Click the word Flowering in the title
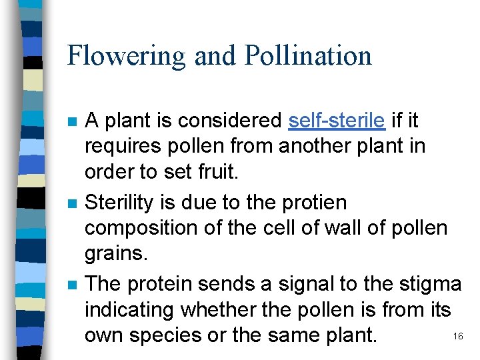click(126, 55)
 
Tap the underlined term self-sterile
click(337, 121)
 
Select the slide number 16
click(457, 336)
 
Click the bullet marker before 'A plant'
click(71, 123)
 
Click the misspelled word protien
click(316, 202)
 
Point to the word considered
click(228, 121)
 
